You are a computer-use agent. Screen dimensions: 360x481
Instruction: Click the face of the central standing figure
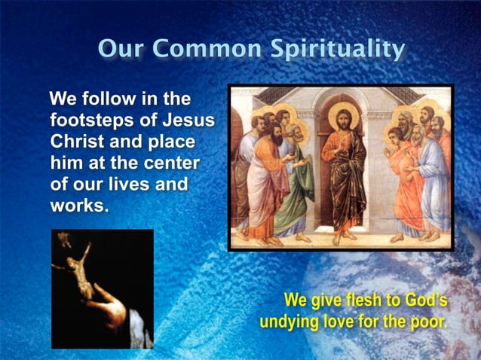pyautogui.click(x=343, y=119)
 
